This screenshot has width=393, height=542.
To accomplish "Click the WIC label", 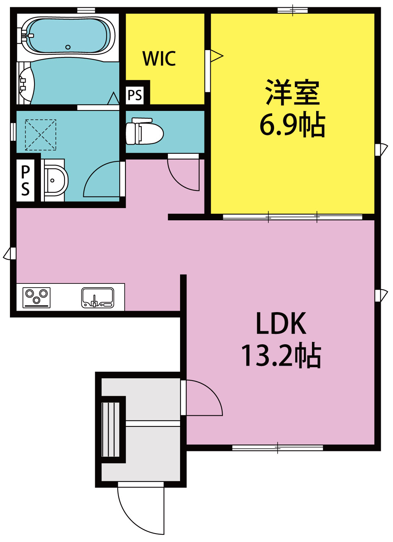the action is click(159, 58).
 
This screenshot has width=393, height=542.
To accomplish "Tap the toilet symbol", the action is click(145, 131).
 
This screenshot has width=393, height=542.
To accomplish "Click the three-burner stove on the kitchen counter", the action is click(37, 297).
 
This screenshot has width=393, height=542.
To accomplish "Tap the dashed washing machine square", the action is click(41, 135).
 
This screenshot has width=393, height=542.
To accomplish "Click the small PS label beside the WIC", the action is click(135, 95).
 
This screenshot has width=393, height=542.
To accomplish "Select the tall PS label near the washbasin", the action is click(25, 180).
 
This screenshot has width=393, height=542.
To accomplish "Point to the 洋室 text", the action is click(292, 93).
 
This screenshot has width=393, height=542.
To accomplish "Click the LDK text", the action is click(281, 324).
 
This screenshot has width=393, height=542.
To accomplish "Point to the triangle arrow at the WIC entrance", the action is click(216, 56).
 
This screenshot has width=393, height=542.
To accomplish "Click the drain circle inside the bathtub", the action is click(68, 47).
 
